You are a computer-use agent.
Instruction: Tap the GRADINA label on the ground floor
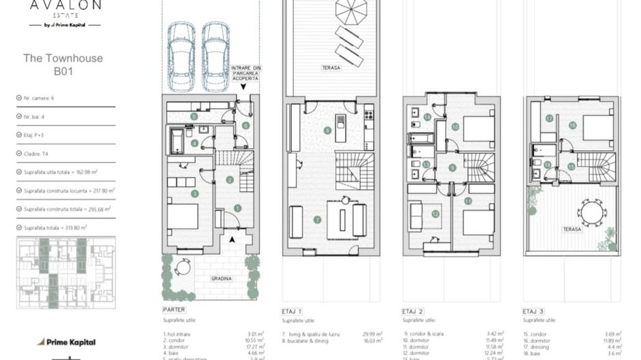coord(221,279)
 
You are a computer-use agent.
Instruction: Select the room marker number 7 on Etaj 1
coord(316,219)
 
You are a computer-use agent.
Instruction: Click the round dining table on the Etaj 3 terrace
coord(591,212)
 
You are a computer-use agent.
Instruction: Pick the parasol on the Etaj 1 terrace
coord(351,11)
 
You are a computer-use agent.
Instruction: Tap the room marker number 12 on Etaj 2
coord(435,214)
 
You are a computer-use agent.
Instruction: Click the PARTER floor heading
coord(174,310)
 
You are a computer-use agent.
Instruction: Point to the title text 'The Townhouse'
coord(63,58)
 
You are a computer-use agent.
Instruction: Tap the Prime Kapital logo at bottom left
coord(66,342)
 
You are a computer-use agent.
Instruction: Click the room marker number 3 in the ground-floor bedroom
coord(195,194)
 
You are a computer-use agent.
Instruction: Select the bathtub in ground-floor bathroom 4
coord(176,142)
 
